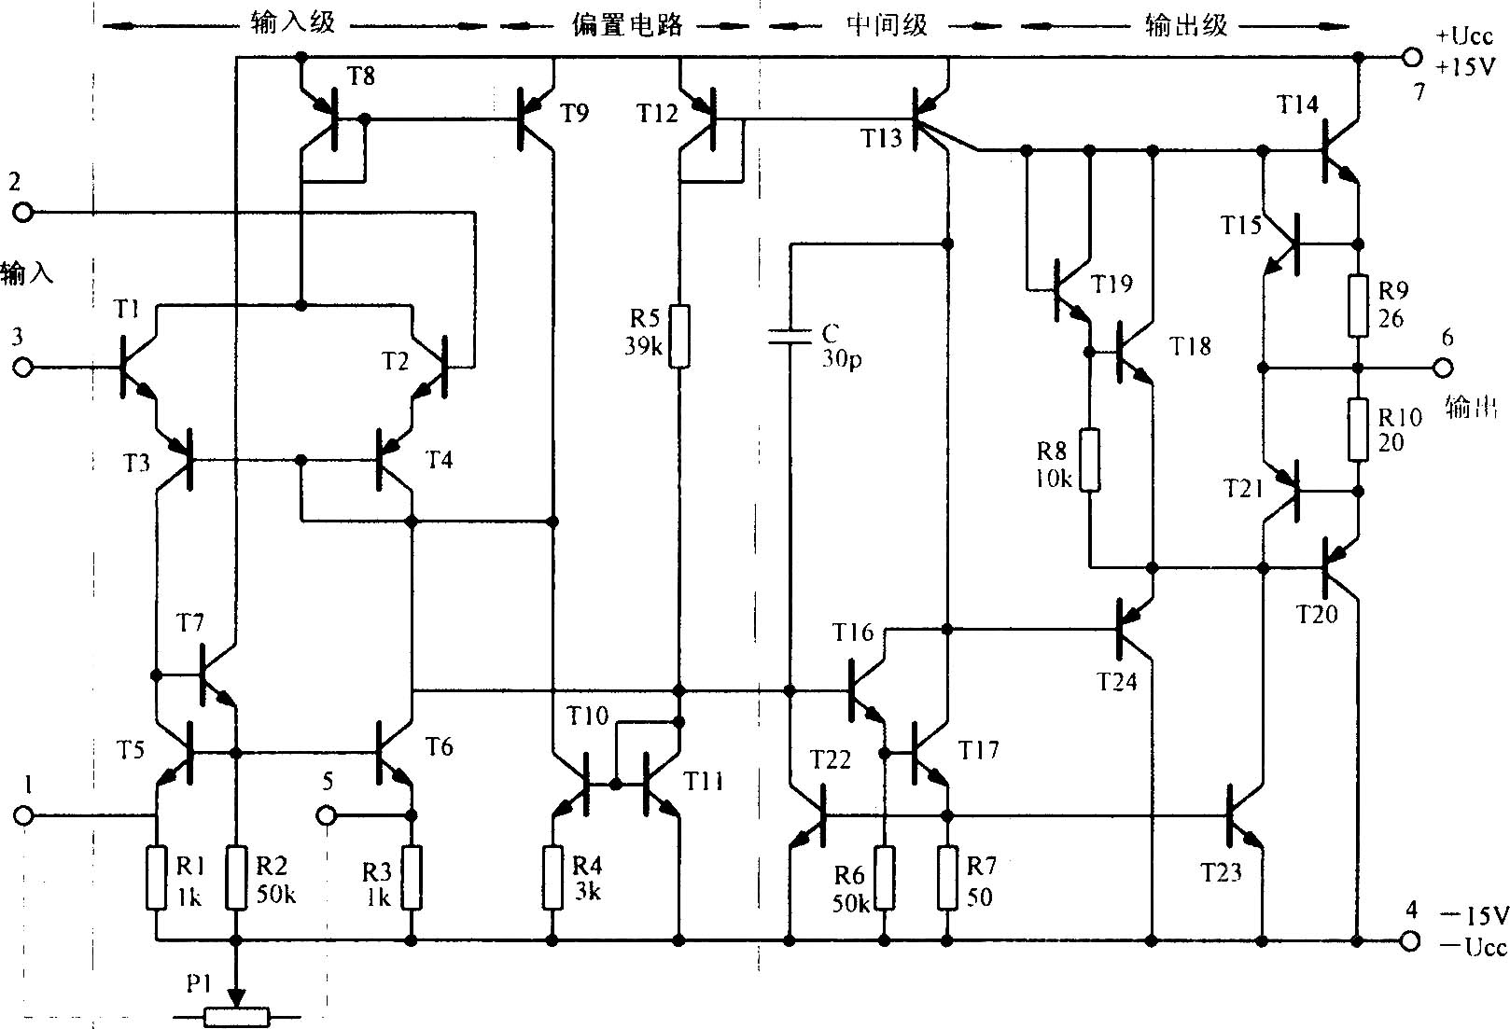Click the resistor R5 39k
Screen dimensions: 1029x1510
click(x=680, y=336)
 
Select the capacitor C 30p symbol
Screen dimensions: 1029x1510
click(x=790, y=337)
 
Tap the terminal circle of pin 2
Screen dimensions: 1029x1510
click(x=21, y=214)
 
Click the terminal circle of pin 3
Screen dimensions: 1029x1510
click(x=21, y=368)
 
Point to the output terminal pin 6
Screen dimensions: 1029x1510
click(x=1444, y=368)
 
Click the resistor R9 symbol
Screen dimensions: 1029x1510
click(x=1358, y=304)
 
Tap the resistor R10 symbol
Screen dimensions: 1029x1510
click(x=1358, y=430)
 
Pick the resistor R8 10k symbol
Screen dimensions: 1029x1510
click(x=1089, y=460)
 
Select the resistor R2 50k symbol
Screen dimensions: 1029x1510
click(x=237, y=877)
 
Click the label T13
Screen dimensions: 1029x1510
click(x=881, y=139)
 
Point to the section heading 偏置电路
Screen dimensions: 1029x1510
click(x=627, y=24)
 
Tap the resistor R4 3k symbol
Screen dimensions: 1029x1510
click(x=553, y=877)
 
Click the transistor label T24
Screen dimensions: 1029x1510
click(x=1117, y=682)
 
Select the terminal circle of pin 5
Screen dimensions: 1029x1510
click(x=327, y=814)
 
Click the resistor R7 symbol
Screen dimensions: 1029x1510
click(x=948, y=877)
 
